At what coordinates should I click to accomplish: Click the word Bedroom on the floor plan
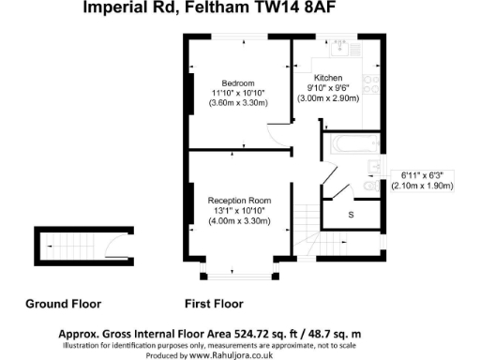click(x=237, y=82)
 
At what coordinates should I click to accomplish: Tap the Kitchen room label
click(x=328, y=77)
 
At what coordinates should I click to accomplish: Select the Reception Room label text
click(x=239, y=200)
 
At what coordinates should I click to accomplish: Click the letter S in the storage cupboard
click(x=351, y=215)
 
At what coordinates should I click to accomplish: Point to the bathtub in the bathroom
click(x=350, y=145)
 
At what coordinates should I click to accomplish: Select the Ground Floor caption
click(x=63, y=304)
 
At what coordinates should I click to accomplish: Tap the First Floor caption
click(x=215, y=304)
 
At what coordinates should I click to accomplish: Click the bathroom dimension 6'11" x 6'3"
click(x=427, y=174)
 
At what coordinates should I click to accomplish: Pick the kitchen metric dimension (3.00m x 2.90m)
click(x=328, y=98)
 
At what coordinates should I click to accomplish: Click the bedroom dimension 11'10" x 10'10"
click(x=237, y=93)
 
